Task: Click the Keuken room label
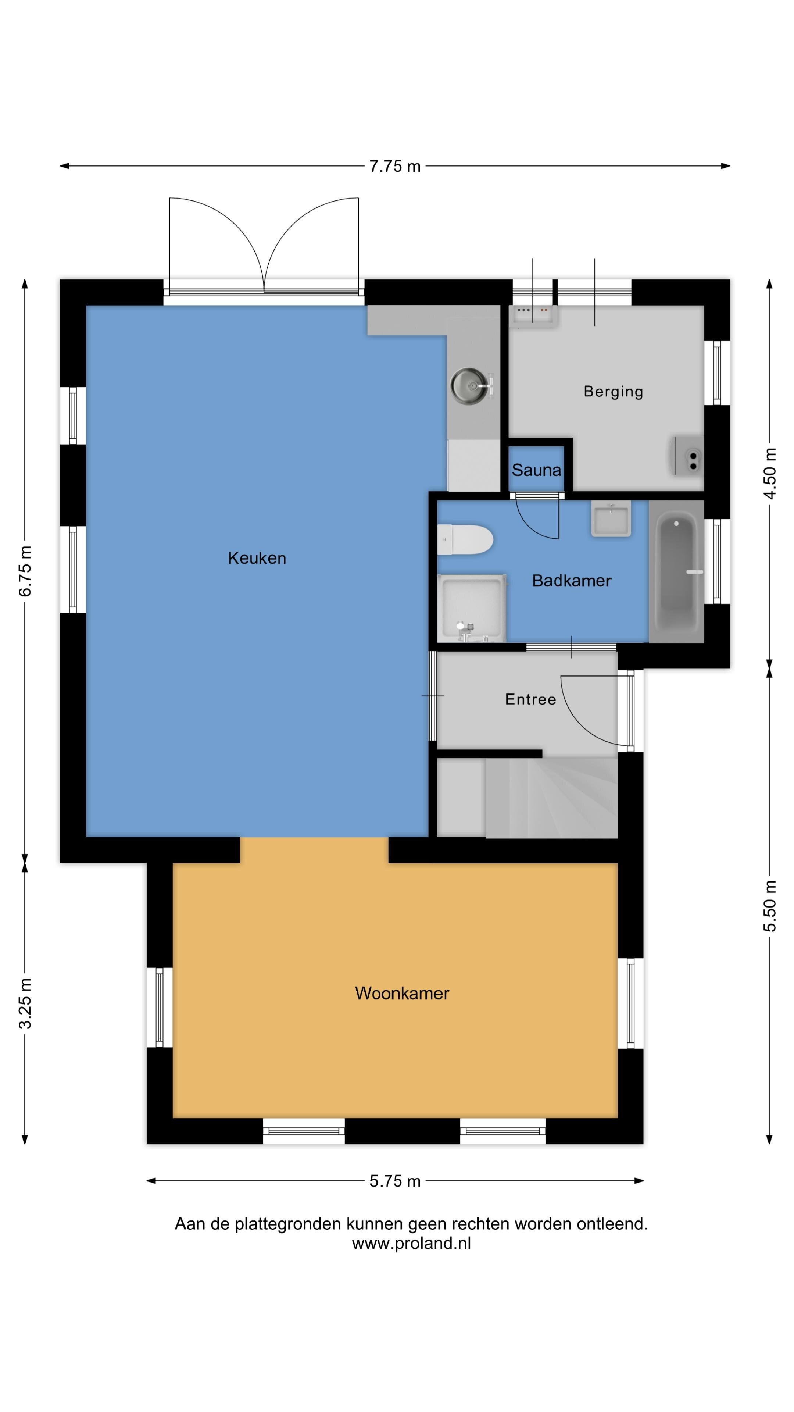click(257, 558)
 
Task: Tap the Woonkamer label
click(402, 993)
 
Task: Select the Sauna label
click(536, 470)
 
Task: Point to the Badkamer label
click(572, 581)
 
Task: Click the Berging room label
click(613, 391)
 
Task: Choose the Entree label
click(530, 699)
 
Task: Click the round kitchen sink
click(469, 386)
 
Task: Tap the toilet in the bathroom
click(465, 539)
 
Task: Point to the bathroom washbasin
click(611, 518)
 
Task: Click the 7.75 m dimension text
click(394, 166)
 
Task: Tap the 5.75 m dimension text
click(394, 1181)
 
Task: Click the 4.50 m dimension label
click(770, 474)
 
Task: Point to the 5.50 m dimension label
click(770, 906)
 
